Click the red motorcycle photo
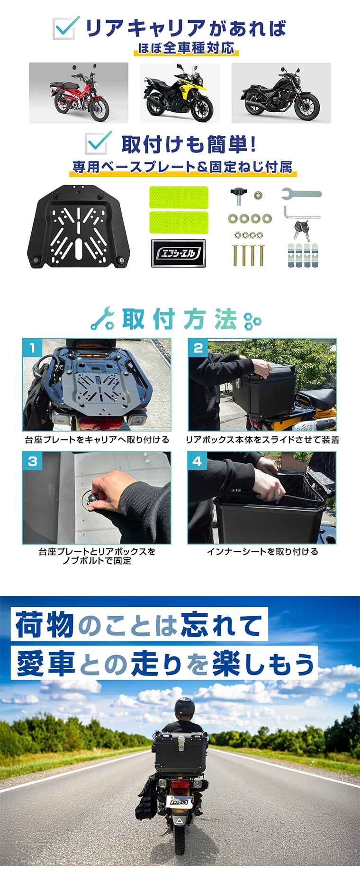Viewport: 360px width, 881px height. click(79, 93)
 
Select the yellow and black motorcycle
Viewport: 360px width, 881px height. click(180, 93)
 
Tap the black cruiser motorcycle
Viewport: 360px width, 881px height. click(281, 93)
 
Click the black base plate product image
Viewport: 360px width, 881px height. click(79, 226)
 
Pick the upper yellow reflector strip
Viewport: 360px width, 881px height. click(179, 197)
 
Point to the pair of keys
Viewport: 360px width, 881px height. click(301, 230)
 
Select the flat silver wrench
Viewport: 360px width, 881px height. click(301, 193)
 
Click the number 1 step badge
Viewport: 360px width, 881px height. click(32, 348)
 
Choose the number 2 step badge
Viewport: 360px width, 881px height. click(198, 348)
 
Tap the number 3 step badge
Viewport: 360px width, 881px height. click(32, 461)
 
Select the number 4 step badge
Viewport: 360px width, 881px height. click(198, 461)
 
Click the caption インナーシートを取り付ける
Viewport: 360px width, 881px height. click(262, 551)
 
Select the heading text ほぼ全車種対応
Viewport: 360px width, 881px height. click(186, 48)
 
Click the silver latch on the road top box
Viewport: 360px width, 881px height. click(180, 746)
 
